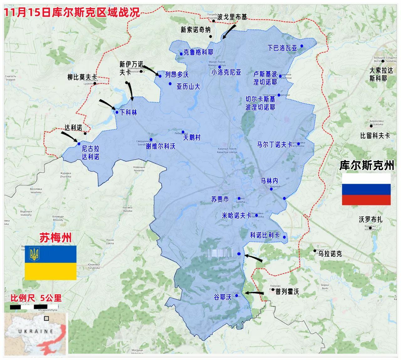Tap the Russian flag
click(366, 189)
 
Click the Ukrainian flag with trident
click(50, 262)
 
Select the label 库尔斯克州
click(366, 165)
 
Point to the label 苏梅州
click(55, 237)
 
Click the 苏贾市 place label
click(220, 199)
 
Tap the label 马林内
click(269, 181)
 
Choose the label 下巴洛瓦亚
click(282, 48)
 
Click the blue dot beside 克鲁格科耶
click(181, 54)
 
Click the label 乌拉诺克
click(330, 254)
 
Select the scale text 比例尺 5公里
click(36, 298)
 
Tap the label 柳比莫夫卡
click(82, 77)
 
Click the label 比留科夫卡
click(375, 135)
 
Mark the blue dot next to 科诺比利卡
click(284, 237)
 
